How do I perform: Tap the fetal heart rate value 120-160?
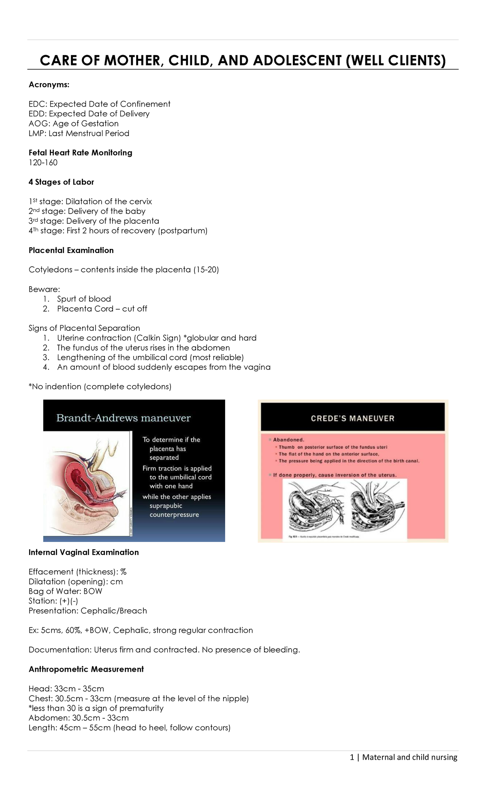tap(43, 163)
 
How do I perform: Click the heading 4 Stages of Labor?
tap(61, 182)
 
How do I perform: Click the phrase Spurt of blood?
tap(84, 299)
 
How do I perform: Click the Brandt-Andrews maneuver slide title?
tap(123, 418)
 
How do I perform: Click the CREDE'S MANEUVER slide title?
tap(352, 418)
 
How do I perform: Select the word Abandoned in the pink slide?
tap(288, 439)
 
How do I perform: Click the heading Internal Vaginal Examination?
tap(83, 552)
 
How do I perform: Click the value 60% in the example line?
tap(73, 630)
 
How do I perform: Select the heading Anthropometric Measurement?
tap(86, 669)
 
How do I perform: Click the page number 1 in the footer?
tap(352, 757)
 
